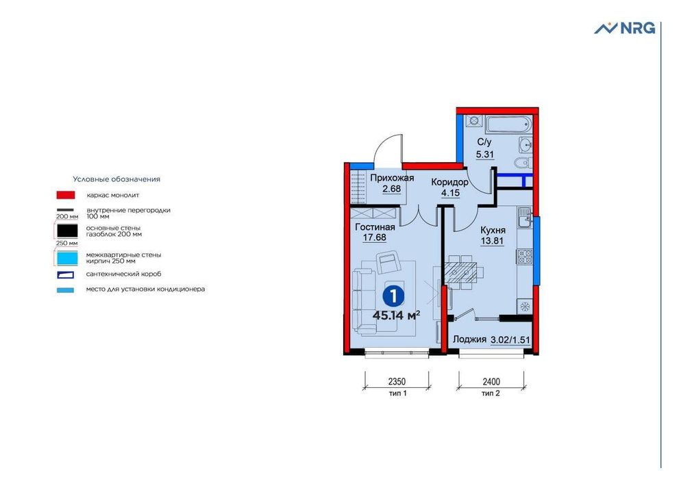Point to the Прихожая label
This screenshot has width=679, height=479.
click(x=389, y=178)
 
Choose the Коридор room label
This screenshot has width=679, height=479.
click(x=449, y=183)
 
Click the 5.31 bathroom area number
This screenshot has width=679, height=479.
click(x=484, y=153)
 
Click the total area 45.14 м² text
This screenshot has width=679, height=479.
click(x=396, y=315)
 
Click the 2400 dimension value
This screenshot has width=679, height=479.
click(x=491, y=383)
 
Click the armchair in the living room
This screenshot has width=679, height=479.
click(x=389, y=262)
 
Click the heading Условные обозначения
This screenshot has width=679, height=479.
click(x=116, y=179)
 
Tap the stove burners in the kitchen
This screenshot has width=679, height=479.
click(x=525, y=257)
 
